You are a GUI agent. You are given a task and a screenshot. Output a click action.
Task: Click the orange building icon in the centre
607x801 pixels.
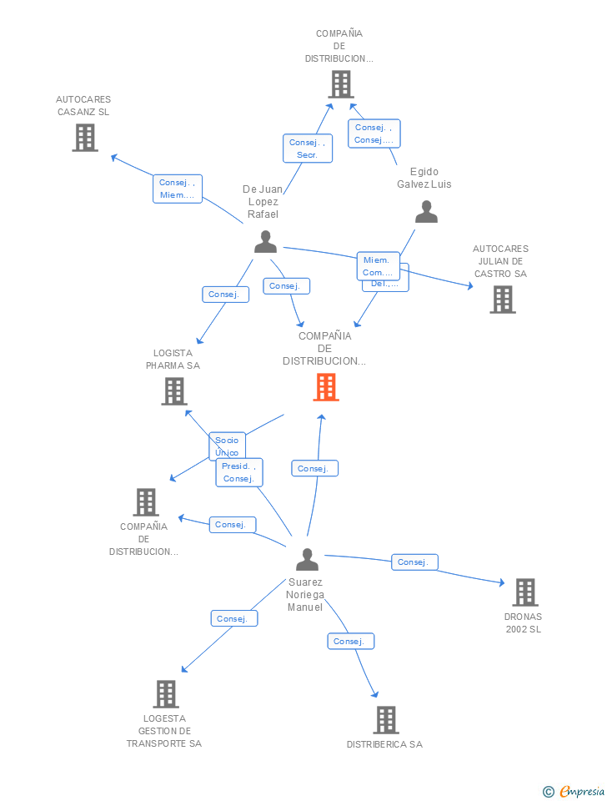pyautogui.click(x=326, y=387)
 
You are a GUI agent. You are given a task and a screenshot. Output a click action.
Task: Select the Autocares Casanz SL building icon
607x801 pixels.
pyautogui.click(x=85, y=138)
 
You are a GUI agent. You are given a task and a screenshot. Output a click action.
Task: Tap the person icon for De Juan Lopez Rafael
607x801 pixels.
pyautogui.click(x=265, y=242)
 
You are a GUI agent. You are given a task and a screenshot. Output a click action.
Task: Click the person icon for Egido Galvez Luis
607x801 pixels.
pyautogui.click(x=426, y=212)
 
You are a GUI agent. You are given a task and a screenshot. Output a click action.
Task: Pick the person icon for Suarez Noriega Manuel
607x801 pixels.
pyautogui.click(x=307, y=560)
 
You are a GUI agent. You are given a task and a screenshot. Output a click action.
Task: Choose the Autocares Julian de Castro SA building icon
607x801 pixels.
pyautogui.click(x=502, y=300)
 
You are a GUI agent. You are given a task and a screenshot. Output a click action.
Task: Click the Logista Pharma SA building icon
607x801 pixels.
pyautogui.click(x=173, y=391)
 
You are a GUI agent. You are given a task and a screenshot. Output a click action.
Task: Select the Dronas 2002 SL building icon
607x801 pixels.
pyautogui.click(x=524, y=592)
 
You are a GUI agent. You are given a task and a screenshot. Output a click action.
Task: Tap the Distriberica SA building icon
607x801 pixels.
pyautogui.click(x=385, y=719)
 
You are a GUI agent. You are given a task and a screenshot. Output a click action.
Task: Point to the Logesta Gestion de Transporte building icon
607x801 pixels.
pyautogui.click(x=166, y=693)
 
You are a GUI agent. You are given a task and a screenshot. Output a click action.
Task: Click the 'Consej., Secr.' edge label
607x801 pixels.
pyautogui.click(x=307, y=149)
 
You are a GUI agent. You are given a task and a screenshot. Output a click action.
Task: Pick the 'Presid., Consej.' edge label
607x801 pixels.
pyautogui.click(x=239, y=472)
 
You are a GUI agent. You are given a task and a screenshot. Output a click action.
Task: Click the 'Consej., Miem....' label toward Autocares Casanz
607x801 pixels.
pyautogui.click(x=177, y=189)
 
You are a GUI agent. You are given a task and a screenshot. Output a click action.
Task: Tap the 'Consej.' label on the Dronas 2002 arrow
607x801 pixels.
pyautogui.click(x=414, y=562)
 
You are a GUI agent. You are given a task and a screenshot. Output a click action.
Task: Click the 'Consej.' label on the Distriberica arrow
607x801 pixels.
pyautogui.click(x=350, y=641)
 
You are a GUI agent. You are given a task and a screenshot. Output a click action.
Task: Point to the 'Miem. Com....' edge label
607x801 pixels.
pyautogui.click(x=377, y=266)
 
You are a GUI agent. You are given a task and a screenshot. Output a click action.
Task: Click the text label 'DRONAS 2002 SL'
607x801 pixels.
pyautogui.click(x=524, y=623)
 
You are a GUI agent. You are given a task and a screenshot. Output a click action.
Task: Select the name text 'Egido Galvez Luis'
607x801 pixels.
pyautogui.click(x=424, y=178)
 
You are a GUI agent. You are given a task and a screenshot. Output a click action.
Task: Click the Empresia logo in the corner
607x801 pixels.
pyautogui.click(x=574, y=791)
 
